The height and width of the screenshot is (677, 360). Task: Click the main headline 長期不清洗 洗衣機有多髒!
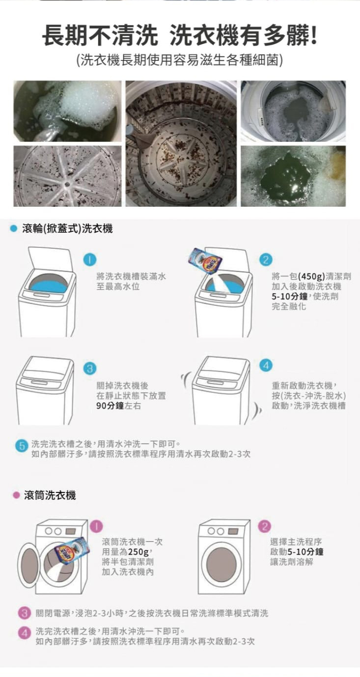[180, 36]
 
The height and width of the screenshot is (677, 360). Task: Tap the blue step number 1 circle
[90, 260]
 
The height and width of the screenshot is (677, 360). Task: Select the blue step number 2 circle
[266, 260]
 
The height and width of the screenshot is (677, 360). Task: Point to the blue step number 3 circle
[90, 368]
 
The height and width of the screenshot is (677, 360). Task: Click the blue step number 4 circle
[266, 365]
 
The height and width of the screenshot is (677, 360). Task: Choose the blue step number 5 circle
[22, 446]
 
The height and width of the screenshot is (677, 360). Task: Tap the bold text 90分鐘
[110, 406]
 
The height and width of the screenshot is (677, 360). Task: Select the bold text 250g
[138, 552]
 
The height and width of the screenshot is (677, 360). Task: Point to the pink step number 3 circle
[25, 613]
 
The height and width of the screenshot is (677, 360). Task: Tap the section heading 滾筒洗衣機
[50, 495]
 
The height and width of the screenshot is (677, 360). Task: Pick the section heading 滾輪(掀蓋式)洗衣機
[67, 228]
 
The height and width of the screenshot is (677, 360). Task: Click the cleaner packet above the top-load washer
[205, 261]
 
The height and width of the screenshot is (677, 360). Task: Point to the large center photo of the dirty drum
[181, 143]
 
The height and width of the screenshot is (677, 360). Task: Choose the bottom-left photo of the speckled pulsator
[67, 176]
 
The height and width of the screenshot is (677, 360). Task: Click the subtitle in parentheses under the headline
[180, 60]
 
